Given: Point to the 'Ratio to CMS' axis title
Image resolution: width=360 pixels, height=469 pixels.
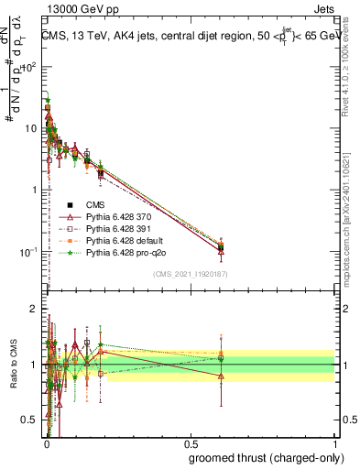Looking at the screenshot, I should point(14,365).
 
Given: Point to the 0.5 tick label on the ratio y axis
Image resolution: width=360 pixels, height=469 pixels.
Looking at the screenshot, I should point(31,420).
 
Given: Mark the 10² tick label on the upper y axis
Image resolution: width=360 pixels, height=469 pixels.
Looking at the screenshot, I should point(31,67).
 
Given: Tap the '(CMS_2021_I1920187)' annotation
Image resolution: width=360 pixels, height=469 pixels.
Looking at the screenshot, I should point(190,274).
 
